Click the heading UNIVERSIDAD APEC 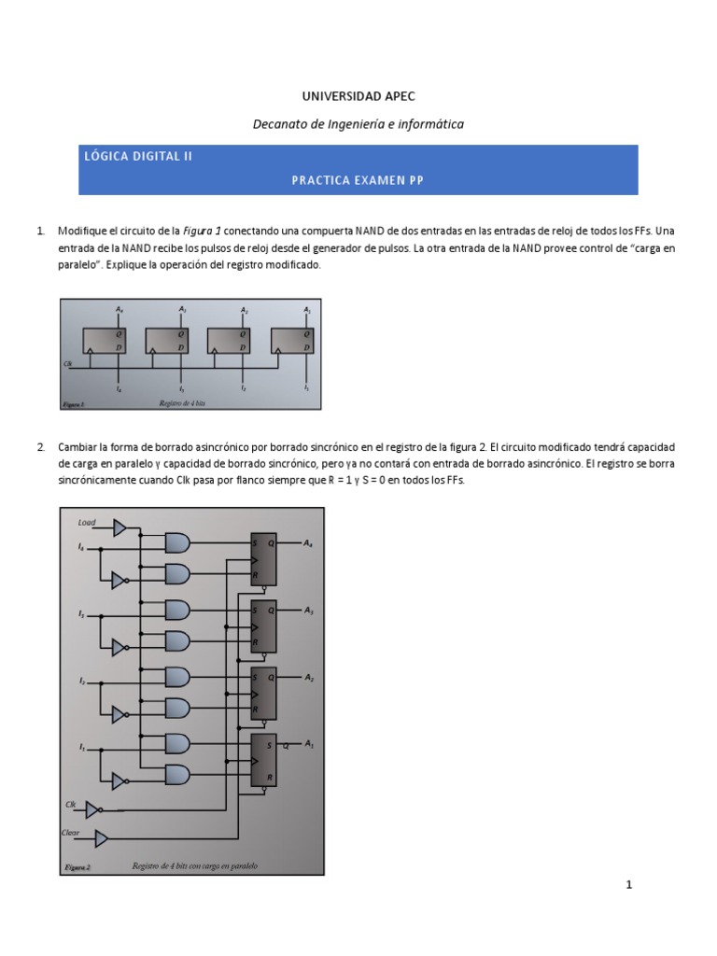point(358,96)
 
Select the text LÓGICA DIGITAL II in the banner point(138,157)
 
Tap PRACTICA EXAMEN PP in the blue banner point(358,180)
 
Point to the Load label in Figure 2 point(87,523)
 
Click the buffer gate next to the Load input point(119,528)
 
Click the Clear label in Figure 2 point(71,832)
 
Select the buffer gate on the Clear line point(101,836)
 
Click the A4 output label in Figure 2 point(309,542)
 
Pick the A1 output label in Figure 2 point(309,745)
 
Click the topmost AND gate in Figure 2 point(176,541)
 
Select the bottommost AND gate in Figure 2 point(176,775)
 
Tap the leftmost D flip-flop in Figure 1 point(103,341)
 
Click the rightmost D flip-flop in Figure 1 point(292,341)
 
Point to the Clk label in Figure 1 point(67,362)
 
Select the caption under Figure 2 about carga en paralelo point(194,865)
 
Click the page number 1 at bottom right point(629,885)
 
